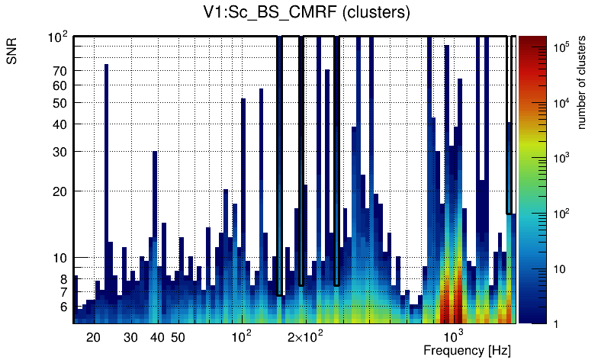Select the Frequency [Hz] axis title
pos(467,350)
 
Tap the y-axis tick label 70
pos(60,71)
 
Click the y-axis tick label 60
pos(60,85)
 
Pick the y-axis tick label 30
pos(60,152)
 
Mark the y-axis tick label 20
pos(60,191)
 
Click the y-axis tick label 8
pos(64,279)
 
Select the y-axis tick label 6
pos(64,307)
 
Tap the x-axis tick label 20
pos(94,337)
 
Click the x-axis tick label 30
pos(130,337)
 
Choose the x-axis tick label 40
pos(157,337)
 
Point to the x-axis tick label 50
pos(178,337)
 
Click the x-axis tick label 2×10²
pos(305,336)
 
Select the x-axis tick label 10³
pos(454,336)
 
